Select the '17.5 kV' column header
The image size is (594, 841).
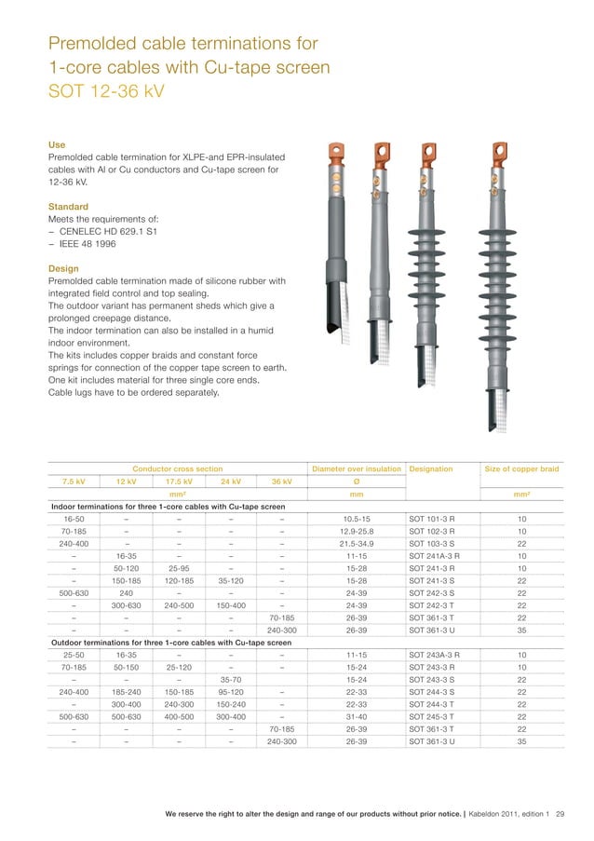(x=179, y=482)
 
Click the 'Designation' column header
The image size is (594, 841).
(x=432, y=468)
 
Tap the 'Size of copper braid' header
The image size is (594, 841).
(x=521, y=468)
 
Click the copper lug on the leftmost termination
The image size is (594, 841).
(x=336, y=150)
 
